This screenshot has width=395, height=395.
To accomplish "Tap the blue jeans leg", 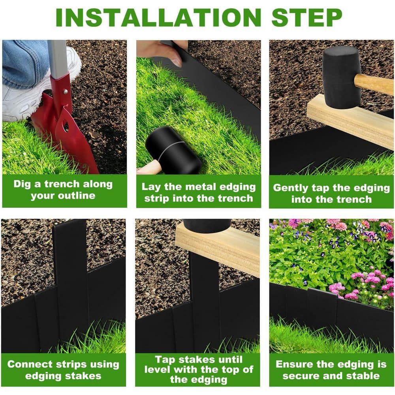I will pos(24,59).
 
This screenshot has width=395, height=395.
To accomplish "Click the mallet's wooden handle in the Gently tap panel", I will pos(373,83).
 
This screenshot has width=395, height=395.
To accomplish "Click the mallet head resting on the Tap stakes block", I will pos(207,225).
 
